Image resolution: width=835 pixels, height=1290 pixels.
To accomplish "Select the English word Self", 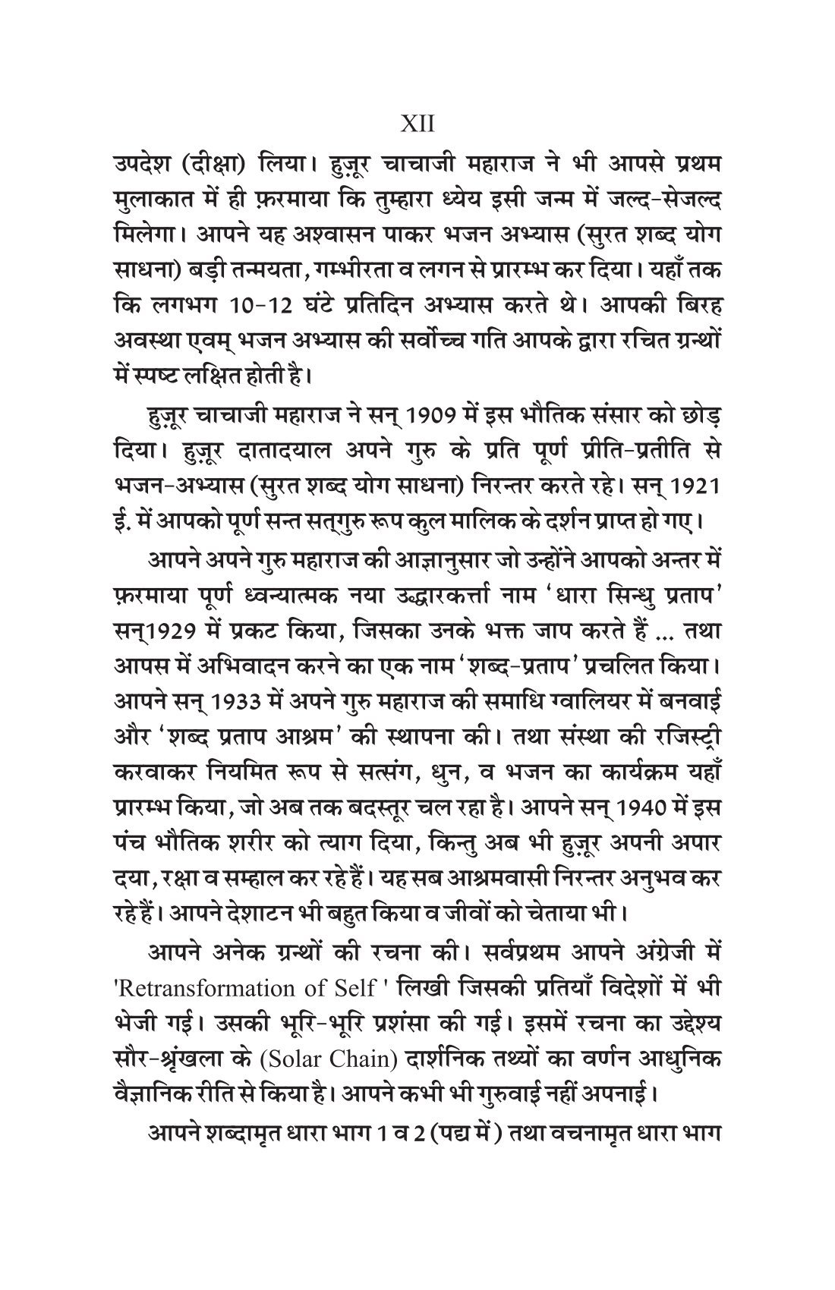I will (x=350, y=988).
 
